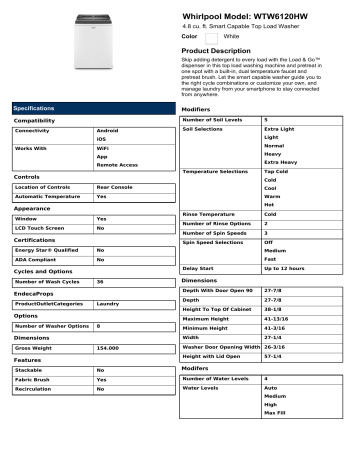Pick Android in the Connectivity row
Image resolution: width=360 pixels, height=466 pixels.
pos(107,131)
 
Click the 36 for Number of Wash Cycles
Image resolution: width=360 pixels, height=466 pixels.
pos(100,283)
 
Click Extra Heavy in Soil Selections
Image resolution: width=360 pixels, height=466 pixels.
pos(283,162)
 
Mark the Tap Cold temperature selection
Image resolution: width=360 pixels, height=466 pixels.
pos(277,172)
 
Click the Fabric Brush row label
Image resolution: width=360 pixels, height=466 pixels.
pos(35,380)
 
